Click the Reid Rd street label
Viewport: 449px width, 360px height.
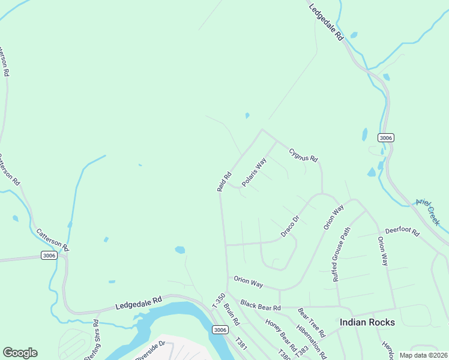click(224, 182)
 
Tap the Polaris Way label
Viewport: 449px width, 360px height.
click(254, 172)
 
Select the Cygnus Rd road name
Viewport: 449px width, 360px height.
click(303, 155)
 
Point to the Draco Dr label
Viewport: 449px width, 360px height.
click(289, 227)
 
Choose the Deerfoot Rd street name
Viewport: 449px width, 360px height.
click(402, 230)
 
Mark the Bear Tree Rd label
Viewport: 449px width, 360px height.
click(311, 322)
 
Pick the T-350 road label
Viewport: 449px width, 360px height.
click(219, 301)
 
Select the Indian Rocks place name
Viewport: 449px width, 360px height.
click(367, 322)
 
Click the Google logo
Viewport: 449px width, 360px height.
click(20, 353)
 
